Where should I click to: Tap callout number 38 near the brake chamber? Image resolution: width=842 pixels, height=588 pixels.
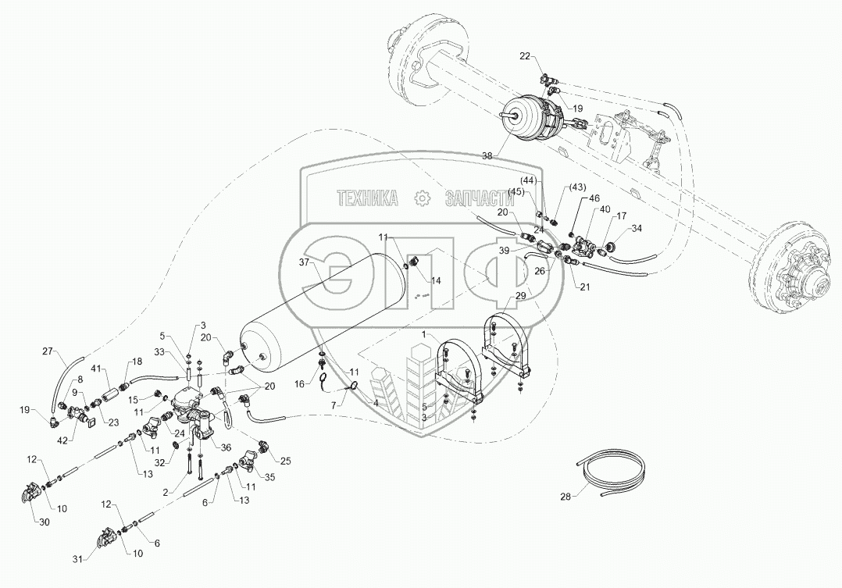[487, 156]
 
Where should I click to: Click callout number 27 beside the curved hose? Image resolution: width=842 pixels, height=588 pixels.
[48, 351]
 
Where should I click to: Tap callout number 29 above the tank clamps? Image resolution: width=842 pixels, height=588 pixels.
[520, 296]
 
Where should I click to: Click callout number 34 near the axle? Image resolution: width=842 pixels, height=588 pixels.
[637, 229]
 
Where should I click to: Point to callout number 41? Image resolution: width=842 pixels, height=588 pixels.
[95, 367]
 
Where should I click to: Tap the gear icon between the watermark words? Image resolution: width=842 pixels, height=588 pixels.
[422, 198]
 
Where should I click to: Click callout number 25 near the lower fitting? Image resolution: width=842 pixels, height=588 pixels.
[284, 461]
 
